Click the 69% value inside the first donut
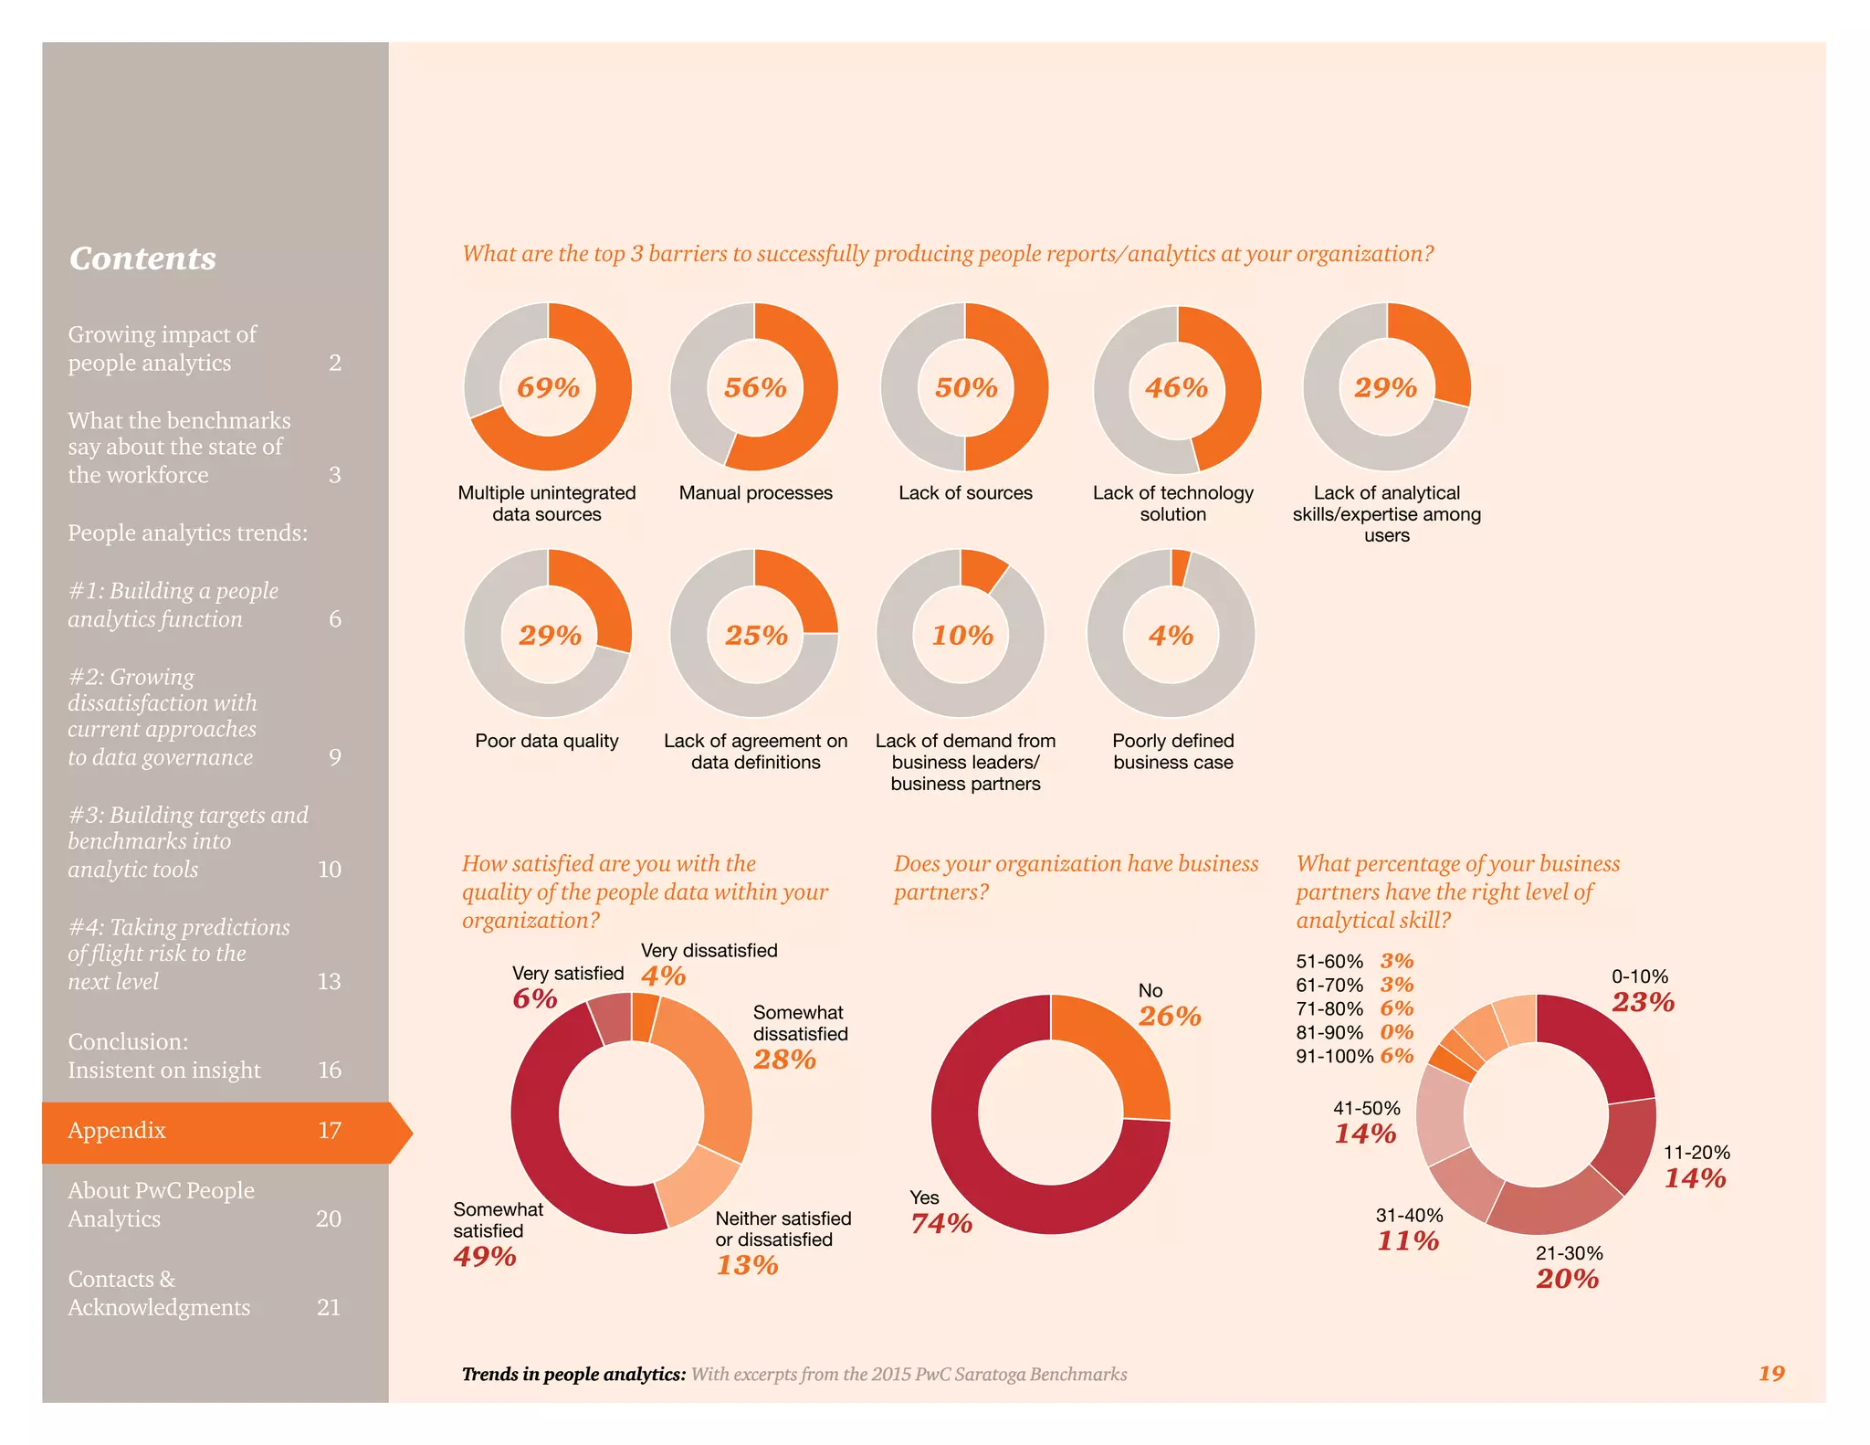(x=548, y=387)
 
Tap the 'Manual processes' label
(x=755, y=493)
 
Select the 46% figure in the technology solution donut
(x=1176, y=387)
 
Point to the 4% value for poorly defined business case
(x=1171, y=635)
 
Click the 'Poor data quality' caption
(x=546, y=741)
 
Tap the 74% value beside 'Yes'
(x=941, y=1223)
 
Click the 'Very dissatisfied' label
(x=709, y=951)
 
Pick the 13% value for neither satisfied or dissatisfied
(x=747, y=1265)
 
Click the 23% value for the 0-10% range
(x=1643, y=1002)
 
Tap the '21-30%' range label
(x=1569, y=1253)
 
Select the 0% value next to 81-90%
(x=1396, y=1032)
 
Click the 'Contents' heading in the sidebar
(x=142, y=258)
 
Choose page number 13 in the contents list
(x=329, y=982)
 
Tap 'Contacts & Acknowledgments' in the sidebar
(x=159, y=1293)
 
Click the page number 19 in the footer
(x=1770, y=1373)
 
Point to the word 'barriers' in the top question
(x=690, y=254)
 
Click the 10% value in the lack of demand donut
(x=961, y=635)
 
